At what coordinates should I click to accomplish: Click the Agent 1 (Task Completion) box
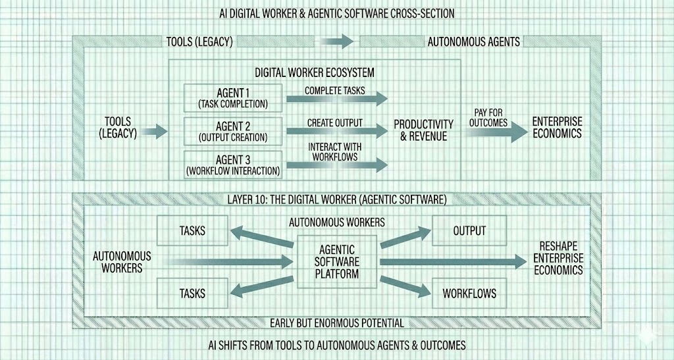(233, 97)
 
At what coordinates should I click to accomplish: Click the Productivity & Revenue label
(424, 130)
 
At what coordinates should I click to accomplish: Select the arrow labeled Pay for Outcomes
(491, 131)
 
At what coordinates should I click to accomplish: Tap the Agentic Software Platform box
(337, 261)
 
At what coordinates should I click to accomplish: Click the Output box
(469, 231)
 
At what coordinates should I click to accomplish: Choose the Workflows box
(469, 293)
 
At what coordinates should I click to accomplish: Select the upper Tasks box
(192, 231)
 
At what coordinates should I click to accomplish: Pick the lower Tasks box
(192, 293)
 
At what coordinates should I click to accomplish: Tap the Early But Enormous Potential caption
(337, 322)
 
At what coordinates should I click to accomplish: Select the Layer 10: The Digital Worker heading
(337, 198)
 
